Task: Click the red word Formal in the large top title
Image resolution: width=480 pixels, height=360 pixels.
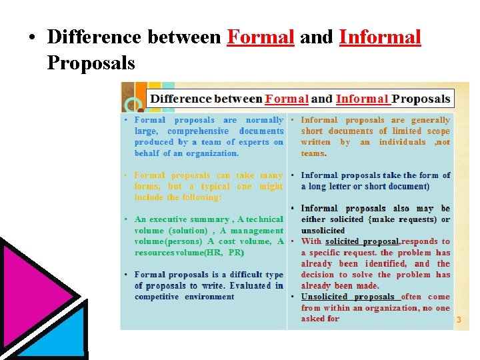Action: [x=260, y=37]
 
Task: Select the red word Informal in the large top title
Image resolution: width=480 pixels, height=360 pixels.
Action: [x=380, y=37]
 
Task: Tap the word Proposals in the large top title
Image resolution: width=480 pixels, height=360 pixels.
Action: [x=91, y=63]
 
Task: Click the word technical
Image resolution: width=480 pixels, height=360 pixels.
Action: [x=265, y=219]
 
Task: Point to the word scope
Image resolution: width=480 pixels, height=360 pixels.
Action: [x=438, y=131]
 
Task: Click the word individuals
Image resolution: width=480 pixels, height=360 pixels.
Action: [x=402, y=142]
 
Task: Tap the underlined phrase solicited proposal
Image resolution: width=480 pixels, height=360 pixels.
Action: [x=362, y=241]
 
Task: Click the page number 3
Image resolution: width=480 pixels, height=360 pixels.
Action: [x=458, y=321]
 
